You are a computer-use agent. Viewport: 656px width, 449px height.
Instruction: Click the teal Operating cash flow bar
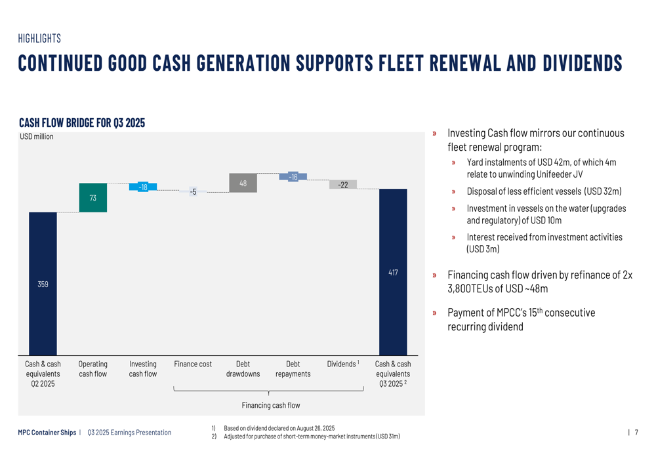[x=92, y=197]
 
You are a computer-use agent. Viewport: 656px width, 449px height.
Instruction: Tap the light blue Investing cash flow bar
[x=142, y=187]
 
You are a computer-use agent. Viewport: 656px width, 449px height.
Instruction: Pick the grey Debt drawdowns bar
[x=243, y=183]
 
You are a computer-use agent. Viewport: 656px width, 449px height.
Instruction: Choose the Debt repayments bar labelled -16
[x=293, y=177]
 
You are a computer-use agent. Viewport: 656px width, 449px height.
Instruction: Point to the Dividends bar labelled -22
[x=342, y=184]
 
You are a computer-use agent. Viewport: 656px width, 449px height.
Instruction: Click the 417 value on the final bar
[x=393, y=272]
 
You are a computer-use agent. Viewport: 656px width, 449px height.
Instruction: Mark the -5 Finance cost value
[x=193, y=191]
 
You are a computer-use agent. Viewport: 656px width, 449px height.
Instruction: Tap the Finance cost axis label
[x=193, y=364]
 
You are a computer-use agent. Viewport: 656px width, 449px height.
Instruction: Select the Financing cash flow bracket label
[x=270, y=405]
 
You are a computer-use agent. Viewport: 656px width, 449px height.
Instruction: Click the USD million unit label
[x=37, y=137]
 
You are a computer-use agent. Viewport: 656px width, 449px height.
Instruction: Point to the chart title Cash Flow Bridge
[x=82, y=123]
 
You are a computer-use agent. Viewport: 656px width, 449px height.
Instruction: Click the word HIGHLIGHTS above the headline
[x=39, y=39]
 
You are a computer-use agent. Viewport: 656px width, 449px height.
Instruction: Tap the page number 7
[x=636, y=433]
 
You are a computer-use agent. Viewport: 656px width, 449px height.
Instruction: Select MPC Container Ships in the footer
[x=47, y=433]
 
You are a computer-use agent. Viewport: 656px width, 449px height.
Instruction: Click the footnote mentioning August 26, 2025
[x=279, y=428]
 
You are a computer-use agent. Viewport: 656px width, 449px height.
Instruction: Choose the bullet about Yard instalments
[x=541, y=168]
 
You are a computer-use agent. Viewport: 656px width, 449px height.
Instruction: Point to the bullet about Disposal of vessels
[x=544, y=191]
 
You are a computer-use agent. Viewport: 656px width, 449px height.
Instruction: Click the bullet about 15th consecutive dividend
[x=521, y=319]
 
